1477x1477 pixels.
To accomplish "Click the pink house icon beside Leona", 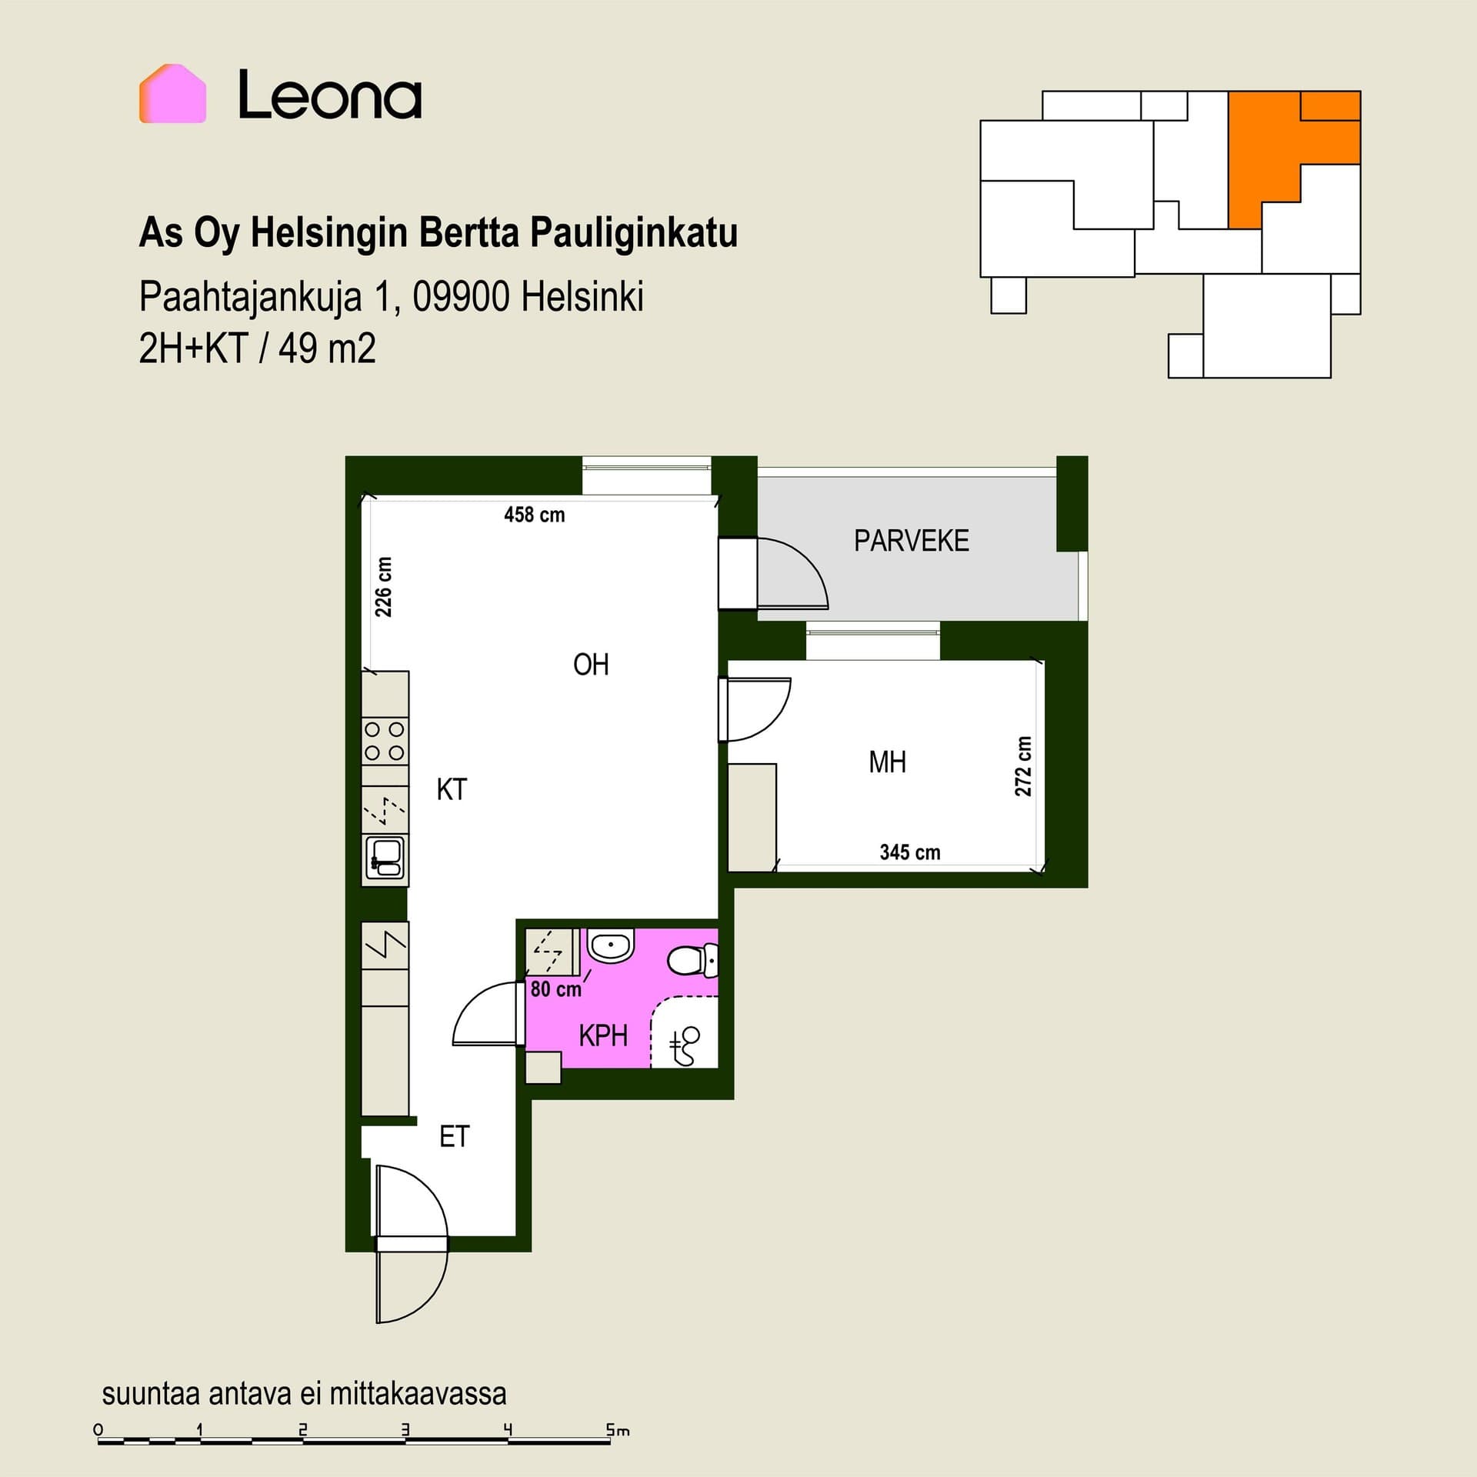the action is tap(172, 93).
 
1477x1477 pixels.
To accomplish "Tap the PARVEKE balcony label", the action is tap(912, 541).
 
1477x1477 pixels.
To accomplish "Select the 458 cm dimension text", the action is tap(535, 515).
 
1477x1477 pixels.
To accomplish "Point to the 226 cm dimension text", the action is tap(383, 587).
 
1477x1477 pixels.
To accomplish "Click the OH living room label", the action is tap(591, 665).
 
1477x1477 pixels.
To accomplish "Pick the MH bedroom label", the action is tap(887, 762).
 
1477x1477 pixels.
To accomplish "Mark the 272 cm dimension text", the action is tap(1023, 766).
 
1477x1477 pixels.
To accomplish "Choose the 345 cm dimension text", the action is tap(910, 852).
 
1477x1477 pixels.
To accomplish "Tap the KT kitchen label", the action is tap(452, 789).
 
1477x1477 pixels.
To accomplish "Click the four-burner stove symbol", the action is tap(385, 741).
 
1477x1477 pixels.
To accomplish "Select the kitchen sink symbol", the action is tap(385, 858).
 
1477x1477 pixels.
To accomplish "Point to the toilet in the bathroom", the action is tap(692, 960).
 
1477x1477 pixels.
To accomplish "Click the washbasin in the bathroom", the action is tap(611, 946).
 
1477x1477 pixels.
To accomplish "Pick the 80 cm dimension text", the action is tap(556, 989).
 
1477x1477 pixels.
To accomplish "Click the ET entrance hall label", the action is tap(454, 1136).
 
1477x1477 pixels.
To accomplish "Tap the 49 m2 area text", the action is tap(327, 348).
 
